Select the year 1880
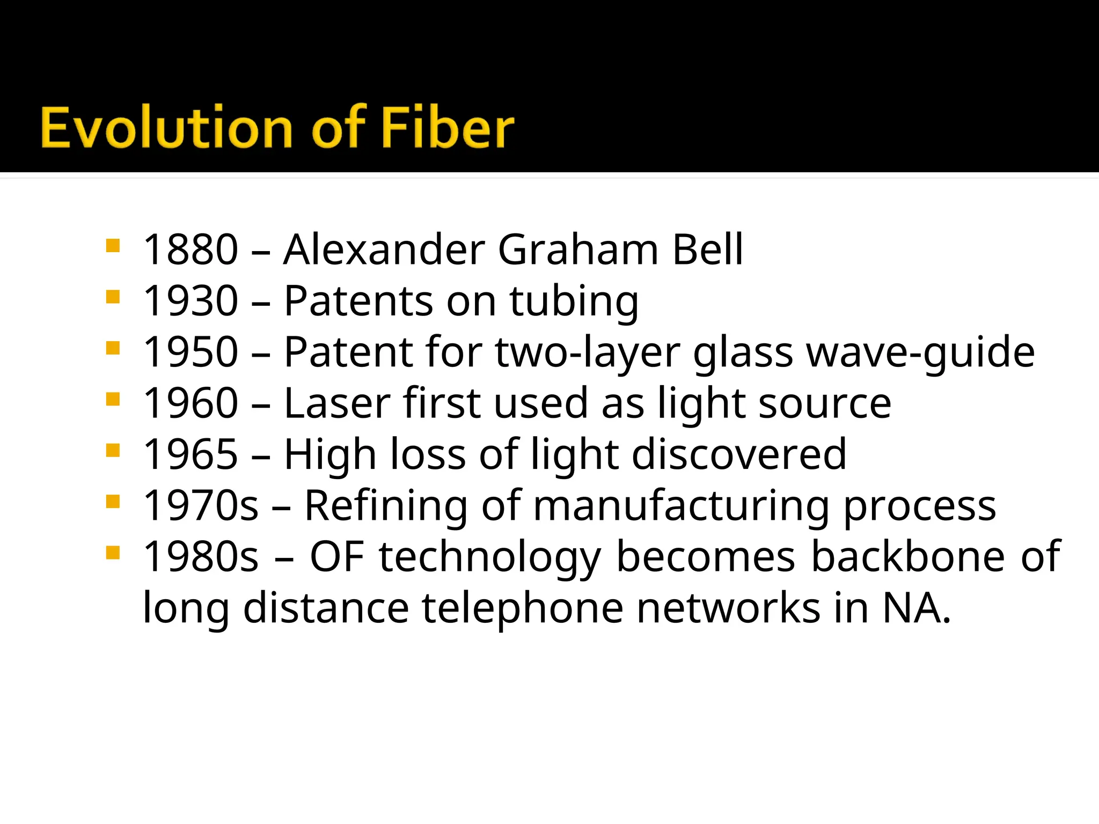[191, 249]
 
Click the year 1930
[191, 300]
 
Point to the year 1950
[191, 352]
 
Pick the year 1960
[191, 403]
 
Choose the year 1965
[191, 454]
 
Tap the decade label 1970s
[201, 505]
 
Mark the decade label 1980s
[201, 557]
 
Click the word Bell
[707, 249]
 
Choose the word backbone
[907, 557]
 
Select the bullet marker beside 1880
[113, 246]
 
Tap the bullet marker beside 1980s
[113, 553]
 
